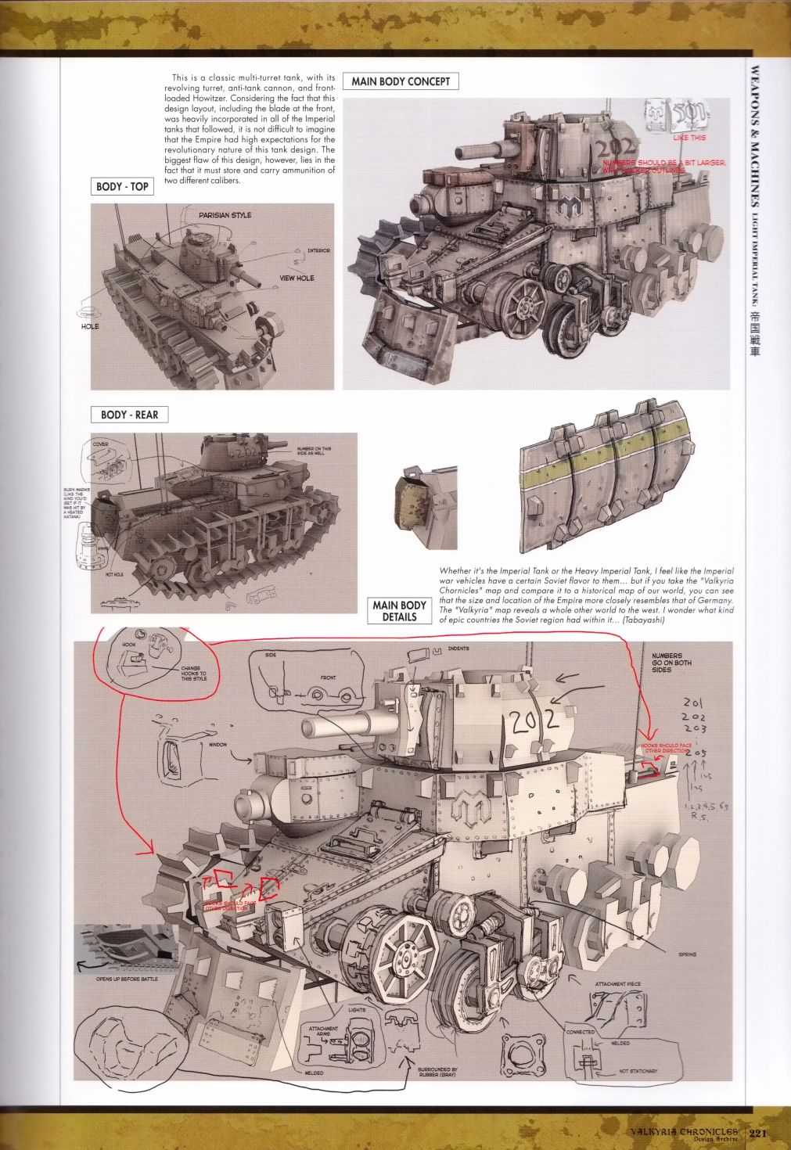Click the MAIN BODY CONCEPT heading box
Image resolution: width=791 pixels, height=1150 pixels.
[x=401, y=81]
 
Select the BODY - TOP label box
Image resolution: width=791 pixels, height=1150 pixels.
[x=122, y=186]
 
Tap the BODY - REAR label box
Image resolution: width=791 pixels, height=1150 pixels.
[x=130, y=415]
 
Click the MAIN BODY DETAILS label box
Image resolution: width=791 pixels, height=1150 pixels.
[x=399, y=611]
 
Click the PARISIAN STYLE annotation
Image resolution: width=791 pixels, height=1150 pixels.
[x=225, y=215]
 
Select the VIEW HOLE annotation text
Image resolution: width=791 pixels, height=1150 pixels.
[x=297, y=278]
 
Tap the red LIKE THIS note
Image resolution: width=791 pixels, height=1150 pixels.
[x=689, y=138]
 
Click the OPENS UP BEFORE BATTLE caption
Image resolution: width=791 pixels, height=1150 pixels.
[x=127, y=979]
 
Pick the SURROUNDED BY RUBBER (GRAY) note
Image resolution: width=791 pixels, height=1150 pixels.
[x=437, y=1073]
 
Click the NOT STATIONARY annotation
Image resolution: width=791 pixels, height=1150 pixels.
[x=638, y=1071]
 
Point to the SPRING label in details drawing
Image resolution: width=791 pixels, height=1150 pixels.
[x=688, y=954]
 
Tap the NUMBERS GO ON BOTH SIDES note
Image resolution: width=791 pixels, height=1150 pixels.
[x=671, y=663]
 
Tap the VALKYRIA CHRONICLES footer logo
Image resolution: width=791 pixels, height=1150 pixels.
[x=685, y=1133]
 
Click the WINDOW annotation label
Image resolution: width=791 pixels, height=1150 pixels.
[x=218, y=745]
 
